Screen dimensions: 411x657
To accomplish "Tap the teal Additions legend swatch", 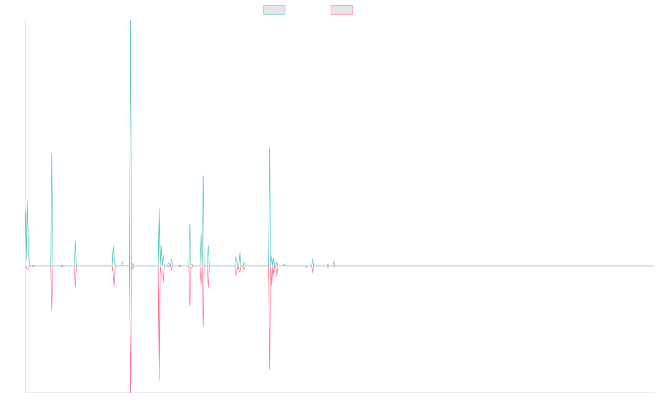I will click(274, 10).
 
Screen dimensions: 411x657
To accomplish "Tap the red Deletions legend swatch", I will click(342, 10).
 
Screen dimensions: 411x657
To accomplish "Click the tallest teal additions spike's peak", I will click(130, 21).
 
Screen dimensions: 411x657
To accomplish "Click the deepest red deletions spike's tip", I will click(130, 391).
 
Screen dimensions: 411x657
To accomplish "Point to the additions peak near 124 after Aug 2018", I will click(270, 148).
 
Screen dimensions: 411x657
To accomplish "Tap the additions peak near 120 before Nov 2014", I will click(52, 153).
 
